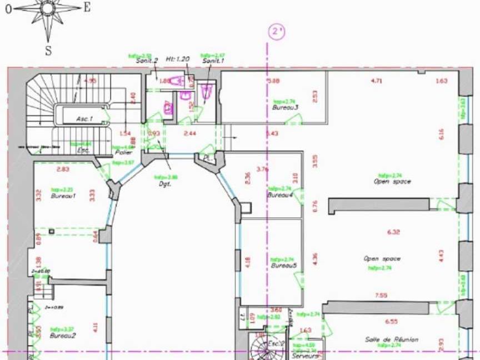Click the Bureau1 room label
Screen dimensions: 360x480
click(63, 196)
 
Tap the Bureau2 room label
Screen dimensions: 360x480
click(63, 336)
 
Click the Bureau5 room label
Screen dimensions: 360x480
click(284, 266)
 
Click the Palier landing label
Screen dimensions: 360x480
click(123, 152)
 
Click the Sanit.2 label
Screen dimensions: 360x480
click(147, 61)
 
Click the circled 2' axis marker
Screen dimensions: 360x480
click(276, 32)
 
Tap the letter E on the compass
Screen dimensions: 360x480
click(87, 7)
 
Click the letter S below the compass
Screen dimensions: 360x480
click(48, 51)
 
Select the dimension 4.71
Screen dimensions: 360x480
click(377, 81)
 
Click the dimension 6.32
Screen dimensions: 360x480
click(393, 232)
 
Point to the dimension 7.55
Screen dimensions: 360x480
click(381, 295)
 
